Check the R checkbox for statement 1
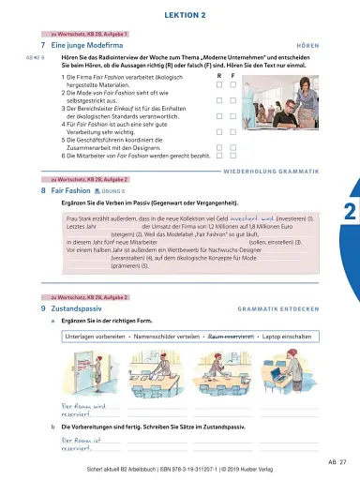(x=218, y=84)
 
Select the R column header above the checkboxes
(x=218, y=75)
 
